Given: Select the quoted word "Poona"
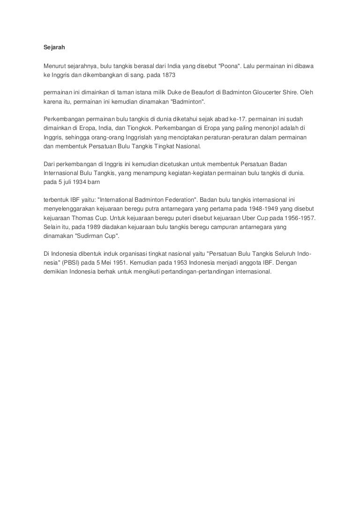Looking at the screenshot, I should click(x=230, y=65).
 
